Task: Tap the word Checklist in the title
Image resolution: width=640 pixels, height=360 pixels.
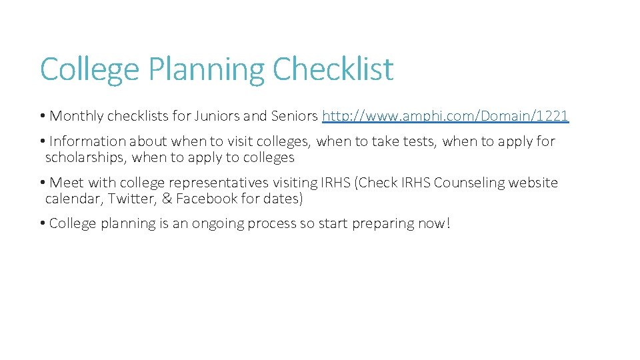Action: (x=333, y=69)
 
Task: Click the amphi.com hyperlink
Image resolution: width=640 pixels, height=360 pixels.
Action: (x=445, y=116)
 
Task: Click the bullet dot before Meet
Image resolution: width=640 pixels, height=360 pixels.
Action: (x=42, y=183)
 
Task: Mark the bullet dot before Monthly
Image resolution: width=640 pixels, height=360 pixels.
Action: (x=42, y=116)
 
